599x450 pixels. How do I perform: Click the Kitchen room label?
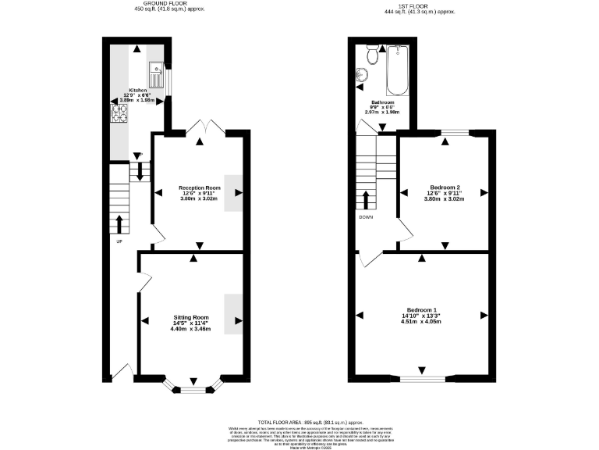pos(137,90)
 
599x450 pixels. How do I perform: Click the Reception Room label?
pos(199,187)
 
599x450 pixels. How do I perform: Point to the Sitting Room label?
pos(191,318)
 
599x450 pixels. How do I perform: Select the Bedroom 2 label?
pos(443,187)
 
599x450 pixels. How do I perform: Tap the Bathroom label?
pos(382,102)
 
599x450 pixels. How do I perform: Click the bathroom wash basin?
pos(362,76)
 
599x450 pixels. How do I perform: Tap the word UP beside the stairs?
pos(119,241)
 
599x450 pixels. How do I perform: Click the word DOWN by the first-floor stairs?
pos(366,217)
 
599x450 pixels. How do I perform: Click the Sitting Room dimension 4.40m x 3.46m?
pos(191,330)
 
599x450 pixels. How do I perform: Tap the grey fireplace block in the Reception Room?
pos(233,192)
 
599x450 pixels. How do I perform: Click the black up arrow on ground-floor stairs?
pos(119,225)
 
